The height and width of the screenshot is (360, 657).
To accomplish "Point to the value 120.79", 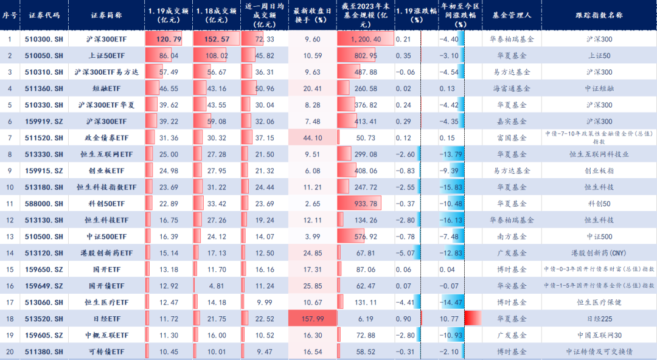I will [169, 39].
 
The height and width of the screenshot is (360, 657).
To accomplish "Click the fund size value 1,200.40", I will [366, 39].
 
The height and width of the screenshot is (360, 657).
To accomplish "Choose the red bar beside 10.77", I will [473, 318].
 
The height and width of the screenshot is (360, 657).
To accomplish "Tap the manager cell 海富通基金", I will [510, 89].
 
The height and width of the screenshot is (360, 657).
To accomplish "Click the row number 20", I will [10, 351].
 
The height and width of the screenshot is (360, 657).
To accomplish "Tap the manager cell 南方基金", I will [510, 236].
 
